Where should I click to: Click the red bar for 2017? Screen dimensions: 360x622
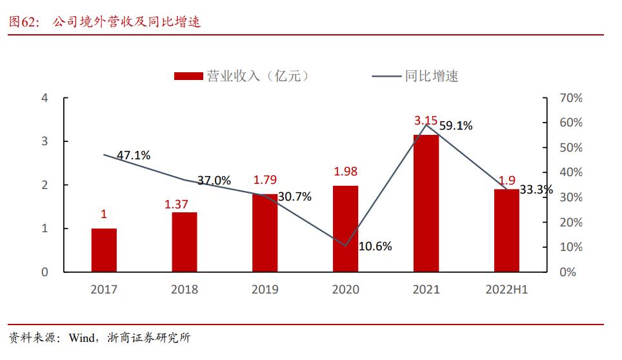tap(104, 250)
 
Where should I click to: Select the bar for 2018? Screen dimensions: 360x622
tap(185, 242)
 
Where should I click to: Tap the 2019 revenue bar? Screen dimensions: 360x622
tap(265, 233)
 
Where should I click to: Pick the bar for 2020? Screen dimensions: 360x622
tap(345, 228)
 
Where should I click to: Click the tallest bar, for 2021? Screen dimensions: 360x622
tap(426, 203)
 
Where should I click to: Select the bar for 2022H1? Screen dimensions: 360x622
tap(507, 230)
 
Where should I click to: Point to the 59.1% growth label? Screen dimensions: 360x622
tap(456, 126)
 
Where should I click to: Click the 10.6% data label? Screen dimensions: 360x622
tap(375, 246)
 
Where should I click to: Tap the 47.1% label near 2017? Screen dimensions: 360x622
tap(134, 155)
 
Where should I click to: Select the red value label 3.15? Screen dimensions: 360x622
tap(426, 120)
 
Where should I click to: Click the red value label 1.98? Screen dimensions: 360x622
tap(345, 171)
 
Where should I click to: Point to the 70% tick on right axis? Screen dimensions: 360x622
tap(570, 98)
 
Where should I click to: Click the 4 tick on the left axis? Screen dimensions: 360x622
tap(45, 98)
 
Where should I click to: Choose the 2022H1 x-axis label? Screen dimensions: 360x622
tap(507, 290)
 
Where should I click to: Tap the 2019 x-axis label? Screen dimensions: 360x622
tap(265, 290)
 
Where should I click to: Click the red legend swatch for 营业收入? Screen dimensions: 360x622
tap(189, 76)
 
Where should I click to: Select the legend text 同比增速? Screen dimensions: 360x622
tap(432, 76)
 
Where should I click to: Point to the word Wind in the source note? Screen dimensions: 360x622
tap(83, 337)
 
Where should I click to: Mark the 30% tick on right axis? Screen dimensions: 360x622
tap(570, 197)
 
